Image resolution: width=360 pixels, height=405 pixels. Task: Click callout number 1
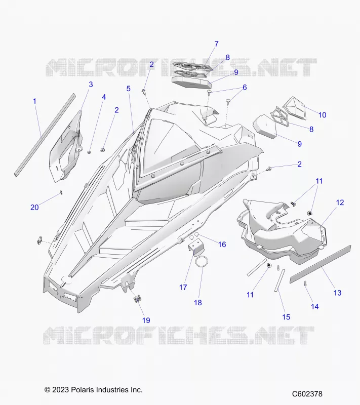click(35, 101)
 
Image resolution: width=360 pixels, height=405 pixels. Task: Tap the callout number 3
click(91, 85)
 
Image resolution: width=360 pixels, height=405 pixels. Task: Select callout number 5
click(128, 89)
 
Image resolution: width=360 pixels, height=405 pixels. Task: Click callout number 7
click(216, 44)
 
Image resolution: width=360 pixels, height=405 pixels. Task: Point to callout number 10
click(322, 115)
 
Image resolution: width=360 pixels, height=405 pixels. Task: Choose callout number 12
click(340, 202)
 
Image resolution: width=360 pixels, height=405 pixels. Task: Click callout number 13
click(337, 293)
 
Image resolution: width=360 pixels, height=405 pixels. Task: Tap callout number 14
click(314, 307)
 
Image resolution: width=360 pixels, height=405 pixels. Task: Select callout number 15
click(286, 317)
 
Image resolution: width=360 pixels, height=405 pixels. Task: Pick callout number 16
click(222, 245)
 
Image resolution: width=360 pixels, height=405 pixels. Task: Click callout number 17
click(183, 287)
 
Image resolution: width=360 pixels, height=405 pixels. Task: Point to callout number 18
click(198, 302)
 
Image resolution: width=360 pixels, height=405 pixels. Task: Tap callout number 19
click(146, 320)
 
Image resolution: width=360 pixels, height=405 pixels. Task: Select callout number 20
click(34, 207)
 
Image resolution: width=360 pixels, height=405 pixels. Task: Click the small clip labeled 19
click(137, 299)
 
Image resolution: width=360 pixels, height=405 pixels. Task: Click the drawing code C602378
click(307, 394)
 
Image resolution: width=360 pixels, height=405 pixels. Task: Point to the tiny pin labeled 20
click(61, 192)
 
